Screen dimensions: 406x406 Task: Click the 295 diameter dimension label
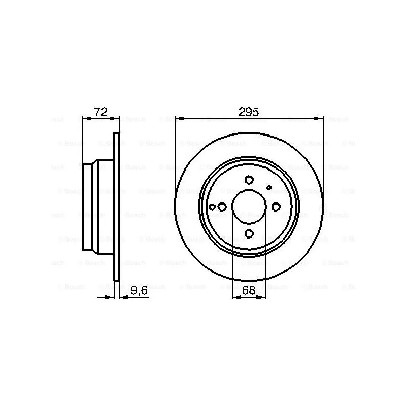point(249,112)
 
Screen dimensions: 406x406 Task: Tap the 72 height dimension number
point(100,112)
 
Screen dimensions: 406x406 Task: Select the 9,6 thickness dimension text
point(139,290)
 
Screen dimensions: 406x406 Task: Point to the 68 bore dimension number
point(249,290)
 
